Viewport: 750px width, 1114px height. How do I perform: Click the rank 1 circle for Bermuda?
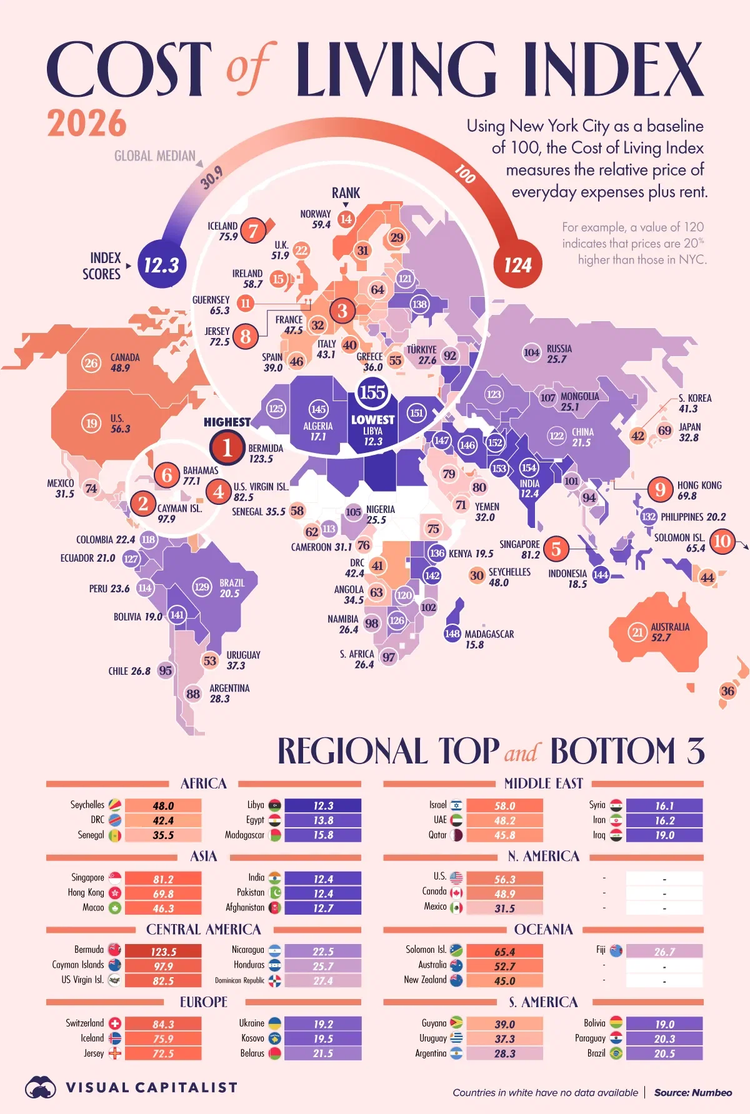(227, 447)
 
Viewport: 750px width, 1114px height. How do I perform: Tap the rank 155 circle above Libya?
(372, 392)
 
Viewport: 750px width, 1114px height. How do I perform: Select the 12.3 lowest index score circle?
(161, 265)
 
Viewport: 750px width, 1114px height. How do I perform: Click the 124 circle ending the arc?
(517, 266)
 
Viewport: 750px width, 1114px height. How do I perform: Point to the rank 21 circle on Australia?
(637, 632)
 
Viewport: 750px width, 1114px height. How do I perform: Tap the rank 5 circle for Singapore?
(556, 549)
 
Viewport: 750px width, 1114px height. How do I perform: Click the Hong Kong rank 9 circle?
(660, 489)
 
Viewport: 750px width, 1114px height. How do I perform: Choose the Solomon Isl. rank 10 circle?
(722, 541)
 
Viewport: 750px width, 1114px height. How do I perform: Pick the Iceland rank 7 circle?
(253, 231)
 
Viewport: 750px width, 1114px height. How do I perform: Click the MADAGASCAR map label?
(489, 634)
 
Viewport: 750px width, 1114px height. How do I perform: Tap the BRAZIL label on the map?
(232, 583)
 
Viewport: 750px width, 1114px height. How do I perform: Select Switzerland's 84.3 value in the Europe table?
(163, 1025)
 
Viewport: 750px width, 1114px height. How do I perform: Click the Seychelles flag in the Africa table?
(115, 805)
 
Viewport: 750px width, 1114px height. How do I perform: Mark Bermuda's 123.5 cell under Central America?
(163, 952)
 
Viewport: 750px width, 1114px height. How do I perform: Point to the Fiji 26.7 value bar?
(664, 952)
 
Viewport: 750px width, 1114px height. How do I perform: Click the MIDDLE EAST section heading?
(543, 783)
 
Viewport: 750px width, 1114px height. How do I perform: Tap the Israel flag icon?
(456, 805)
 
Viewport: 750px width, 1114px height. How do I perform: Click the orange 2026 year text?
(87, 123)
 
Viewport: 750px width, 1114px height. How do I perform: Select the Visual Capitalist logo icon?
(41, 1088)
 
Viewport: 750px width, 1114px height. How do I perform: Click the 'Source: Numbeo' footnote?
(692, 1093)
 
